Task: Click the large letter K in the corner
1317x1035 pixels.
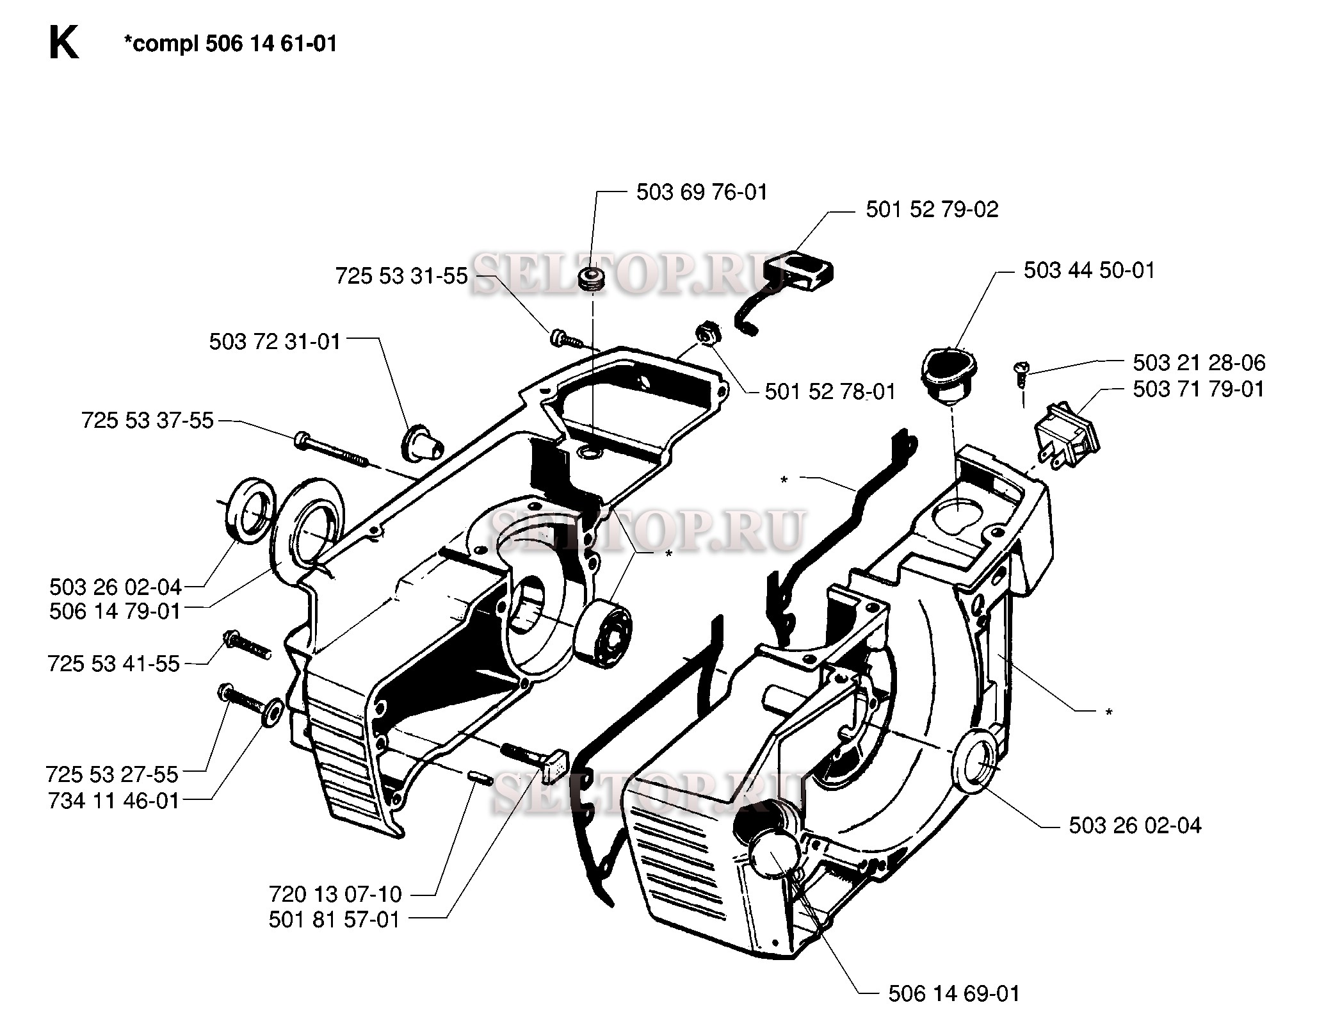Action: point(63,45)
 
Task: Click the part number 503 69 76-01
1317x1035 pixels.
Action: point(701,192)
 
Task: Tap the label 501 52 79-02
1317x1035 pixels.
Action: point(932,209)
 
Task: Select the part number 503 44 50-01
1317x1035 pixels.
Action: point(1089,270)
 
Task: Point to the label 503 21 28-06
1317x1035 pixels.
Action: point(1199,363)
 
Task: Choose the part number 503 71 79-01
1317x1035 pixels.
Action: point(1199,389)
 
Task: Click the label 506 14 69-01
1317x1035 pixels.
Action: point(953,993)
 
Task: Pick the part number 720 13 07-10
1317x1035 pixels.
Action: point(335,893)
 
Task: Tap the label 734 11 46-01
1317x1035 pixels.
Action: point(113,801)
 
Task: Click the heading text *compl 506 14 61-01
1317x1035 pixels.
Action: point(230,44)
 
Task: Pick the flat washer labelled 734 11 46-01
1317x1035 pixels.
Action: point(273,712)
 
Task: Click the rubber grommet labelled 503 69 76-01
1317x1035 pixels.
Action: point(592,280)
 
